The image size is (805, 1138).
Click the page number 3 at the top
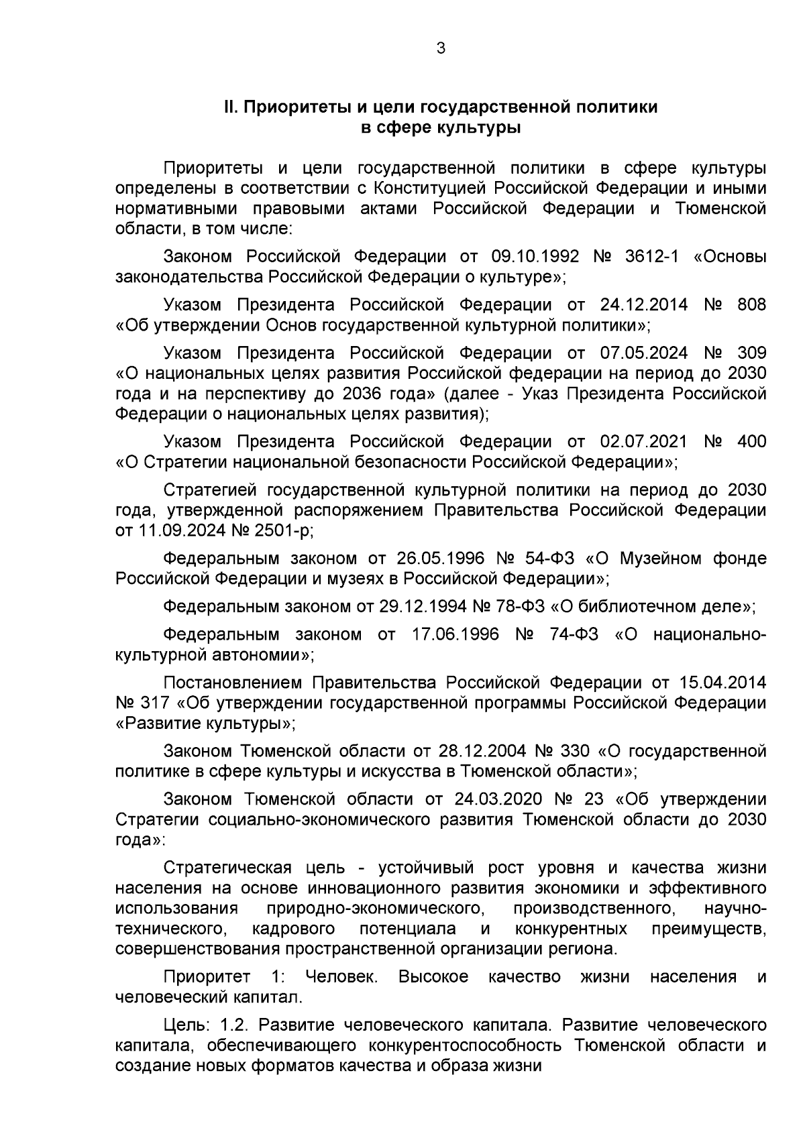tap(440, 48)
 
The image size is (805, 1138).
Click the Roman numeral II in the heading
tap(231, 107)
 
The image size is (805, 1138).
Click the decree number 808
tap(751, 304)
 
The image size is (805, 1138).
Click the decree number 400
tap(751, 441)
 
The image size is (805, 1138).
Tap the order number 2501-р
tap(284, 530)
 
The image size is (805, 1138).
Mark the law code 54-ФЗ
tap(549, 558)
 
